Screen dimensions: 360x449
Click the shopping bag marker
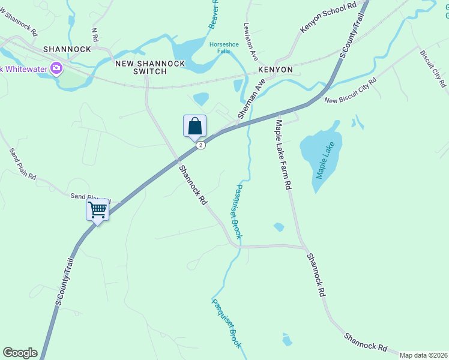[x=194, y=127]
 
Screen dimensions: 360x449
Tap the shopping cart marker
[x=97, y=211]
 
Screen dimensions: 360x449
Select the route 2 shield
[x=200, y=145]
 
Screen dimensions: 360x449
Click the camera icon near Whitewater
[x=57, y=68]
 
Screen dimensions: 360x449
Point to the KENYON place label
[x=276, y=70]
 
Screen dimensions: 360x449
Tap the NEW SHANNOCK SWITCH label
[x=140, y=67]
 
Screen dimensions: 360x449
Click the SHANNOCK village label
[x=67, y=49]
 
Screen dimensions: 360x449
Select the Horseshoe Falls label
[x=223, y=47]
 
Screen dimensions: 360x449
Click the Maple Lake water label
[x=325, y=160]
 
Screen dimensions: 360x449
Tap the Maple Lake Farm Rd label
[x=283, y=155]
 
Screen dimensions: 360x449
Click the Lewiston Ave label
[x=251, y=42]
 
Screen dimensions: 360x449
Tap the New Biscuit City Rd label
[x=350, y=91]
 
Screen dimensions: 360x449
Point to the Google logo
[x=20, y=353]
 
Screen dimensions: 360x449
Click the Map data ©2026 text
[x=423, y=355]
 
